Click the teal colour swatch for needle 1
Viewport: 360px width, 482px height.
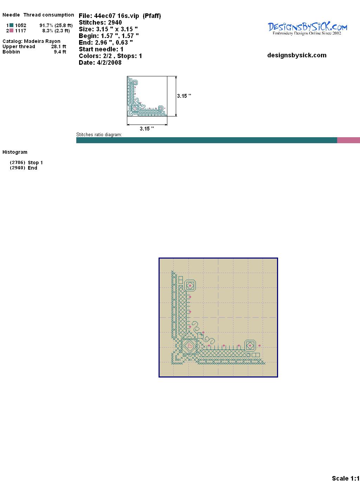pyautogui.click(x=11, y=25)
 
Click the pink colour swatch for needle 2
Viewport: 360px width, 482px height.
pyautogui.click(x=11, y=31)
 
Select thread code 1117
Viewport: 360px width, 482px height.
pyautogui.click(x=21, y=31)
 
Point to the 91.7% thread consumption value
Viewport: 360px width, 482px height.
pyautogui.click(x=46, y=25)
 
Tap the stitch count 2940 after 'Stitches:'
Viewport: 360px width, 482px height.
pyautogui.click(x=115, y=23)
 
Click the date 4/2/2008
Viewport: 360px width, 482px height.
pyautogui.click(x=109, y=63)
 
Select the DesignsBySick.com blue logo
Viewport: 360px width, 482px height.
pyautogui.click(x=307, y=28)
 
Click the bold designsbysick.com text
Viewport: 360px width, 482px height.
pyautogui.click(x=297, y=55)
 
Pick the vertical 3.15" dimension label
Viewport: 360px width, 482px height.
pyautogui.click(x=184, y=96)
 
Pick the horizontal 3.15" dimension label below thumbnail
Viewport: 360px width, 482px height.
pyautogui.click(x=147, y=129)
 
